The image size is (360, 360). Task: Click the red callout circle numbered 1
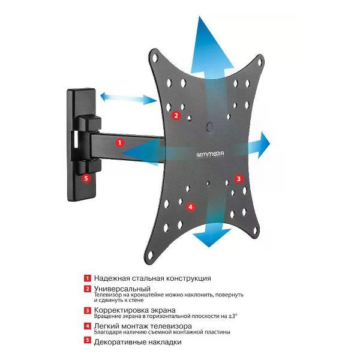119,143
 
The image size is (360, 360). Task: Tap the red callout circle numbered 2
176,115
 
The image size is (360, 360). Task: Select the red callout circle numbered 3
239,179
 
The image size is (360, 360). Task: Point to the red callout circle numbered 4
191,207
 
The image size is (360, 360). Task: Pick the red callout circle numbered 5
86,178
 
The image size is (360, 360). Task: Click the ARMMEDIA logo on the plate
211,155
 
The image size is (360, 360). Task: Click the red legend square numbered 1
88,278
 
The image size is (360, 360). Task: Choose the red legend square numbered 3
88,310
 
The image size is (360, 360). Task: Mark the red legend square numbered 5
88,340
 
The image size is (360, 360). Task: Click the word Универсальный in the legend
122,289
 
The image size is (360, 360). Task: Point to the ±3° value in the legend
232,316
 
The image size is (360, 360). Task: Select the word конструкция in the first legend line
188,278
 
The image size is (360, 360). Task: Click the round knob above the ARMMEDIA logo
210,127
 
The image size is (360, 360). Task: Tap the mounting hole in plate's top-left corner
155,58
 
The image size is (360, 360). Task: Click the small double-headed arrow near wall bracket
128,98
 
